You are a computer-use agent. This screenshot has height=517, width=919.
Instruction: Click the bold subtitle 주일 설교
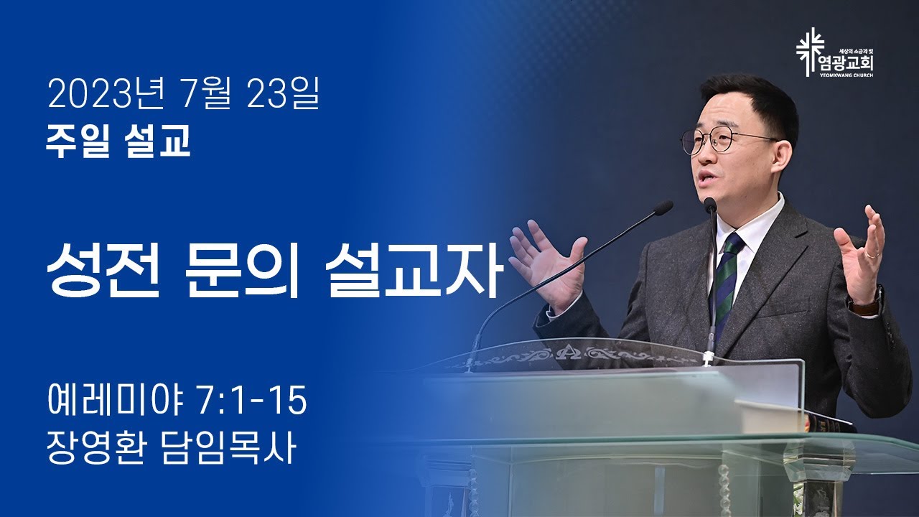point(118,141)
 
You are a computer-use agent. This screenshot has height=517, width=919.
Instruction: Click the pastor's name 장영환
point(95,449)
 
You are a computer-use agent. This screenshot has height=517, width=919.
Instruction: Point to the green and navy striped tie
point(726,283)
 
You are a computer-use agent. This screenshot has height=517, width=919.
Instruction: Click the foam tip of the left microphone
point(663,208)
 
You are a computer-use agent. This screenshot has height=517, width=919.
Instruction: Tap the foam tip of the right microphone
point(710,205)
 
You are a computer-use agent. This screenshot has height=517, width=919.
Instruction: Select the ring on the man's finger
point(873,255)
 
